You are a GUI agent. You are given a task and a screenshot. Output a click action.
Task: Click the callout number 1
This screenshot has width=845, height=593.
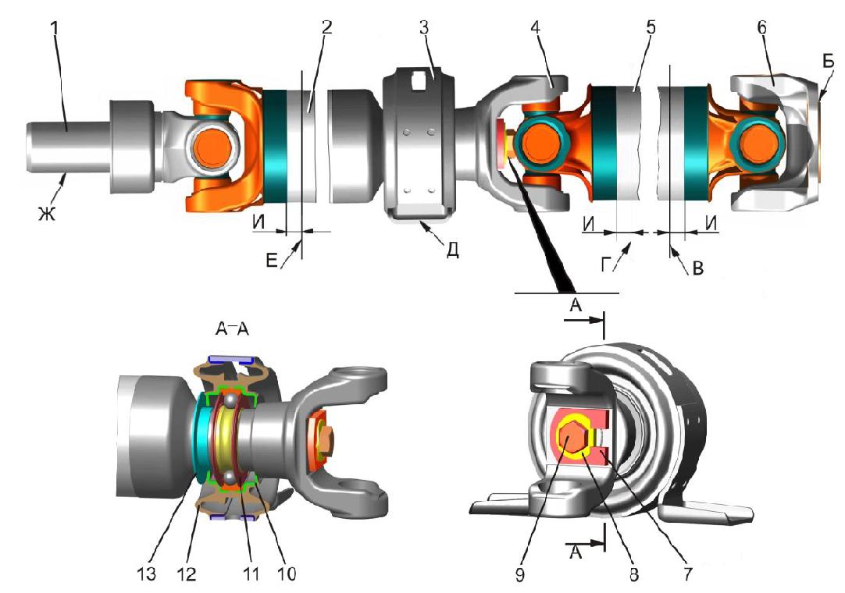point(55,29)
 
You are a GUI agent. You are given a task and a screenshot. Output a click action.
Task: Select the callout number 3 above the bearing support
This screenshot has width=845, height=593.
point(425,27)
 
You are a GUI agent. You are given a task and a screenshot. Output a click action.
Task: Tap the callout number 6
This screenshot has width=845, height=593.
point(761,27)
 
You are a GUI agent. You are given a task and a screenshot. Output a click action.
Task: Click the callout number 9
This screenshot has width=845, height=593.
point(519,575)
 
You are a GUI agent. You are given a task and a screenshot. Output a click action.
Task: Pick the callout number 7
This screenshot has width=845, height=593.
point(687,575)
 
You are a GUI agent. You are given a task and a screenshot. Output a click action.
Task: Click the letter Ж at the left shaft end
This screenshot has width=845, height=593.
point(47,214)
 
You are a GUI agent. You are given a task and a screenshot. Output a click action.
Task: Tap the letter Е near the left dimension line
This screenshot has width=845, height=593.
point(271,261)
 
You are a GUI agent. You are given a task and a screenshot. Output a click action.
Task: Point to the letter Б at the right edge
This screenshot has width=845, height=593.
point(829,63)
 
